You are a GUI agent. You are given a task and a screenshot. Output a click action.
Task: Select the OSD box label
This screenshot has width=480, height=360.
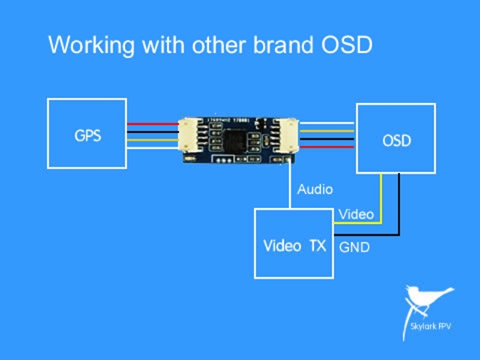(397, 141)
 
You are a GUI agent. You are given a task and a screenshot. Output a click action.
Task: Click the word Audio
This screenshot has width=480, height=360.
(315, 190)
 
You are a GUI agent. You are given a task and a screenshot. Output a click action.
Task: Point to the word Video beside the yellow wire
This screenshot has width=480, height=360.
(356, 214)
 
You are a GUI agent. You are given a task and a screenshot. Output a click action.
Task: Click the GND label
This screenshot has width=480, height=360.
(354, 247)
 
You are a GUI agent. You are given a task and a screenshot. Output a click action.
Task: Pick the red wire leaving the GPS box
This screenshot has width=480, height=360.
(153, 124)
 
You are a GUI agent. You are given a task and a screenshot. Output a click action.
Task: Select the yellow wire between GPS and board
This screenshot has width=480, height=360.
(153, 140)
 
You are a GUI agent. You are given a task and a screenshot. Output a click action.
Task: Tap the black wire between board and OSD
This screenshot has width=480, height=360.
(328, 138)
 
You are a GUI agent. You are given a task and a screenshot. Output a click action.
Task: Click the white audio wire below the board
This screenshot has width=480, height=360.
(291, 186)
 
